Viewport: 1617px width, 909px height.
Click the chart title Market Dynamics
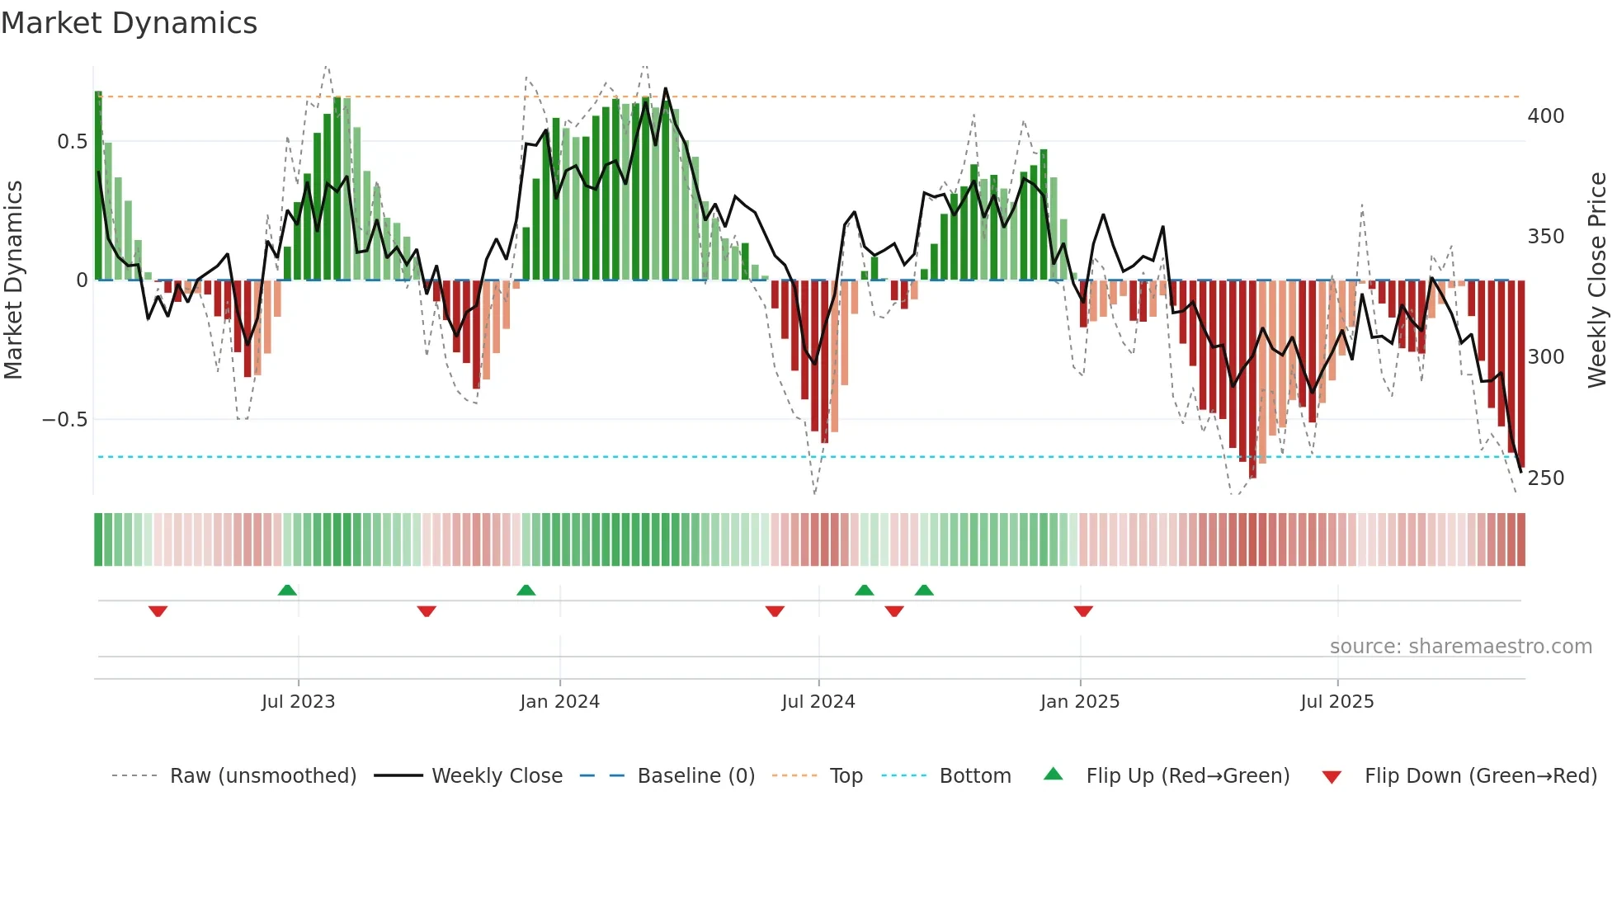point(129,23)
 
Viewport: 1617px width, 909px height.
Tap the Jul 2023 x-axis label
point(298,702)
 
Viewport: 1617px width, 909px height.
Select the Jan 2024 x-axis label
point(559,702)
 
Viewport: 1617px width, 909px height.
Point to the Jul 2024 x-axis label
point(818,702)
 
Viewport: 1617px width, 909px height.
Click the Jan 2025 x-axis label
point(1079,702)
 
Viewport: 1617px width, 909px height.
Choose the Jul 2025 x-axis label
point(1336,702)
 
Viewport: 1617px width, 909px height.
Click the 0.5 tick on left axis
point(72,142)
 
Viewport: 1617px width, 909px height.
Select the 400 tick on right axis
point(1545,116)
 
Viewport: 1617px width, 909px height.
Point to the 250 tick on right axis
point(1545,478)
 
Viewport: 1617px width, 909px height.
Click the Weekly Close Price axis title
point(1597,280)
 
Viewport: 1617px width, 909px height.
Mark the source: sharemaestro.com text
point(1460,647)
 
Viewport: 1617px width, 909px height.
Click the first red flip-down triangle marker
point(158,611)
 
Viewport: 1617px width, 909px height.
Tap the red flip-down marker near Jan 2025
point(1083,611)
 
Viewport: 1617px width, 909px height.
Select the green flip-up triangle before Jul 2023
point(287,590)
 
